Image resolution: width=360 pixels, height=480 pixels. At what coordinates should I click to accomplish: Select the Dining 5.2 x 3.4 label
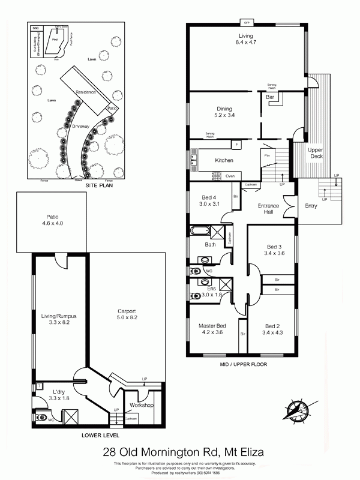pyautogui.click(x=207, y=111)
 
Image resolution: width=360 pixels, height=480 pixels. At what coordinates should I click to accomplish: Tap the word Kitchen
pyautogui.click(x=224, y=160)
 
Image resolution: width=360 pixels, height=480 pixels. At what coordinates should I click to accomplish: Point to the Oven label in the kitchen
pyautogui.click(x=230, y=176)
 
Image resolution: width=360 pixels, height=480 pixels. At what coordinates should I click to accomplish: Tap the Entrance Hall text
pyautogui.click(x=268, y=209)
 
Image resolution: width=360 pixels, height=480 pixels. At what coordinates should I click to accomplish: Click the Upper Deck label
pyautogui.click(x=316, y=153)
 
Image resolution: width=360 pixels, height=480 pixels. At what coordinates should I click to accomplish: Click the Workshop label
pyautogui.click(x=142, y=406)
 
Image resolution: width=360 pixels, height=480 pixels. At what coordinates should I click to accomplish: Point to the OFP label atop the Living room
pyautogui.click(x=247, y=23)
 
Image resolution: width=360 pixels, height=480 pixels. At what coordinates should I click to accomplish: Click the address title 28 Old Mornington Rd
pyautogui.click(x=179, y=452)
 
